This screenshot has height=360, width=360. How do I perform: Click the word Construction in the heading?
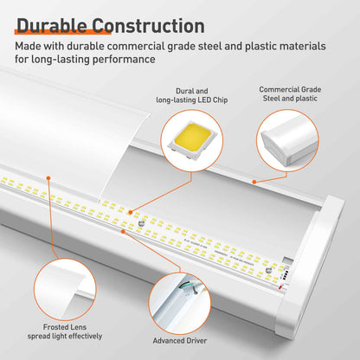pyautogui.click(x=149, y=26)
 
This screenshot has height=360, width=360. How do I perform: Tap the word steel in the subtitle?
pyautogui.click(x=209, y=46)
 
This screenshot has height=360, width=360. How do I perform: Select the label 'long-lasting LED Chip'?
pyautogui.click(x=192, y=100)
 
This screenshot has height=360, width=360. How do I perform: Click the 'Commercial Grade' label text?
pyautogui.click(x=290, y=89)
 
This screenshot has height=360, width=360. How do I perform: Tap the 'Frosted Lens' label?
pyautogui.click(x=65, y=327)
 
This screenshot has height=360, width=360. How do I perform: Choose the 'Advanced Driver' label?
pyautogui.click(x=180, y=341)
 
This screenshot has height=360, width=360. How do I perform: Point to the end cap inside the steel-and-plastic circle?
pyautogui.click(x=287, y=140)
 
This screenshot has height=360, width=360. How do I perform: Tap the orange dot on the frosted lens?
pyautogui.click(x=48, y=178)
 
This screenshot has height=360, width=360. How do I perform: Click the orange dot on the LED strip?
pyautogui.click(x=131, y=212)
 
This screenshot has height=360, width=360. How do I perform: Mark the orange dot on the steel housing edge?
pyautogui.click(x=254, y=182)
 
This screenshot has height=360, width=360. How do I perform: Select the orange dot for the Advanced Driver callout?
pyautogui.click(x=123, y=231)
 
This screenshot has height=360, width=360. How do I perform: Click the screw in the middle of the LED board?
pyautogui.click(x=142, y=223)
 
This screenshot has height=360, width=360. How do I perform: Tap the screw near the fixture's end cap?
pyautogui.click(x=268, y=270)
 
